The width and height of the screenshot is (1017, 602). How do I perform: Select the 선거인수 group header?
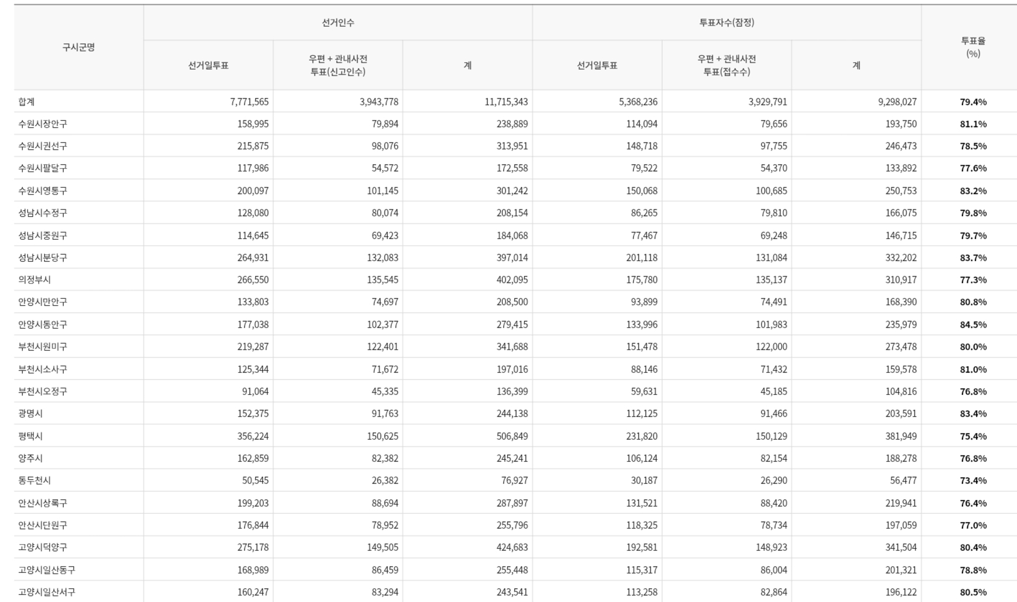click(338, 23)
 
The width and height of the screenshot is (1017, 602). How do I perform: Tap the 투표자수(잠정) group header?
click(726, 23)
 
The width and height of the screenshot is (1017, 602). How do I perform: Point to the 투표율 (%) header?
click(973, 47)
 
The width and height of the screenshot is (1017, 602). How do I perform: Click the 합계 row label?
click(26, 101)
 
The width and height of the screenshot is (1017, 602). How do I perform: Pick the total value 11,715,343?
click(506, 101)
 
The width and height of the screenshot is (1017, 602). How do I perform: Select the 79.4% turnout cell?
click(973, 102)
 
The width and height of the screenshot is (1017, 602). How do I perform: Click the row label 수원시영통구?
click(43, 191)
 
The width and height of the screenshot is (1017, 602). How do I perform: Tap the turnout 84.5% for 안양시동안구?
click(973, 325)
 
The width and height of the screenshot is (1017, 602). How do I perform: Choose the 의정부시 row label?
click(34, 279)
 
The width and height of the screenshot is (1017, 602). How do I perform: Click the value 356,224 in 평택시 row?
click(253, 436)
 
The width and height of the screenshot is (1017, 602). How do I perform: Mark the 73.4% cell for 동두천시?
click(973, 481)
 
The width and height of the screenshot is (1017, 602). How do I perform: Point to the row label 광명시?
click(31, 414)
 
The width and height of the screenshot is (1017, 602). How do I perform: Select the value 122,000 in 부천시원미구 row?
click(771, 347)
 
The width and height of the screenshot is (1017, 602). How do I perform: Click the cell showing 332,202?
click(901, 257)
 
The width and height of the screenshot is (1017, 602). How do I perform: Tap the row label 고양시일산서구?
click(47, 592)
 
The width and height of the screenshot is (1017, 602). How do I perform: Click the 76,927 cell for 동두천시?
click(514, 481)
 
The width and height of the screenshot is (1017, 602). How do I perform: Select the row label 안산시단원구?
click(43, 525)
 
